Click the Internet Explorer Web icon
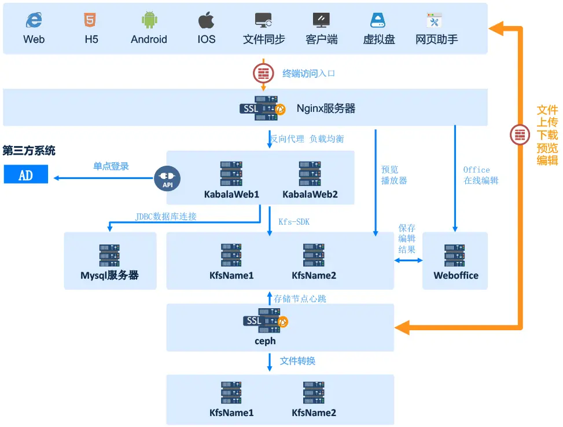[34, 21]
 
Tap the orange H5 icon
[90, 21]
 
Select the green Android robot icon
[149, 20]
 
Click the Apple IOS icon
[206, 21]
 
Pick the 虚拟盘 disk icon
[378, 21]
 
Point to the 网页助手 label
[437, 39]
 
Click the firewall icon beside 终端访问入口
[264, 74]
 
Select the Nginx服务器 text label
[326, 108]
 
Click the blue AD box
[26, 174]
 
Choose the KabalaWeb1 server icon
[231, 173]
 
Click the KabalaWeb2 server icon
[310, 173]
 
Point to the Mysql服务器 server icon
[110, 255]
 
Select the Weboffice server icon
[455, 255]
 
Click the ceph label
[265, 341]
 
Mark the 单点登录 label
[111, 166]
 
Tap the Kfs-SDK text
[294, 222]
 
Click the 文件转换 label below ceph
[297, 361]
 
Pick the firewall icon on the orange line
[520, 135]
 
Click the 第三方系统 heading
[29, 151]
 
